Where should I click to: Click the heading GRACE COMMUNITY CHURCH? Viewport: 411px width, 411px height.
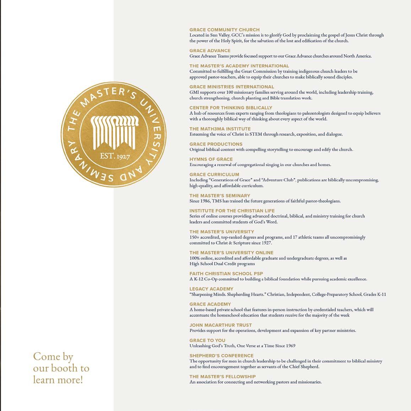[225, 30]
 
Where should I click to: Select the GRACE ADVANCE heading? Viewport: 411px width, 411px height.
[210, 50]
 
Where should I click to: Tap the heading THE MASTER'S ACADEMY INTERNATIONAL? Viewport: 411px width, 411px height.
[239, 66]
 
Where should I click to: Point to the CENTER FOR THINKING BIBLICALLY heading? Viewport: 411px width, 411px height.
[231, 108]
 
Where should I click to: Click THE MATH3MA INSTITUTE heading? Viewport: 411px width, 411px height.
[220, 129]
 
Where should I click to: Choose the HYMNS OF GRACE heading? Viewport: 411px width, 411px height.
[211, 159]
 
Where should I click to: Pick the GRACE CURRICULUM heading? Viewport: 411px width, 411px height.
[214, 174]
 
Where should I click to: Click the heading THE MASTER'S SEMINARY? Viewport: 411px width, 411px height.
[220, 195]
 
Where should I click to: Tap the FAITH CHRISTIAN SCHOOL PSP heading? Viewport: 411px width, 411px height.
[226, 274]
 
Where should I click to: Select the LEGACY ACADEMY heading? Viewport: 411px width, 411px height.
[211, 289]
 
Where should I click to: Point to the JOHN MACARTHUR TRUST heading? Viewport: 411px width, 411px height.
[221, 325]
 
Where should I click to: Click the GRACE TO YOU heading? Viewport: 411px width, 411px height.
[207, 340]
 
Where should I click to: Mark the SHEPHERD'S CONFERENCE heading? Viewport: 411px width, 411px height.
[221, 356]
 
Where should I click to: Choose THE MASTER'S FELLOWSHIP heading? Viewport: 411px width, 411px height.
[222, 377]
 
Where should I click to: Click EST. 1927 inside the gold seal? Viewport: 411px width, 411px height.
[115, 156]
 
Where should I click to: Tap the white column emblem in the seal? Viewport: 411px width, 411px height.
[114, 132]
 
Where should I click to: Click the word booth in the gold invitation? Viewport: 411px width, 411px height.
[67, 368]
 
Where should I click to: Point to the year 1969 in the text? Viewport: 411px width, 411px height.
[290, 346]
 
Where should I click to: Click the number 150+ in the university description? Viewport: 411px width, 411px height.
[194, 237]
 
